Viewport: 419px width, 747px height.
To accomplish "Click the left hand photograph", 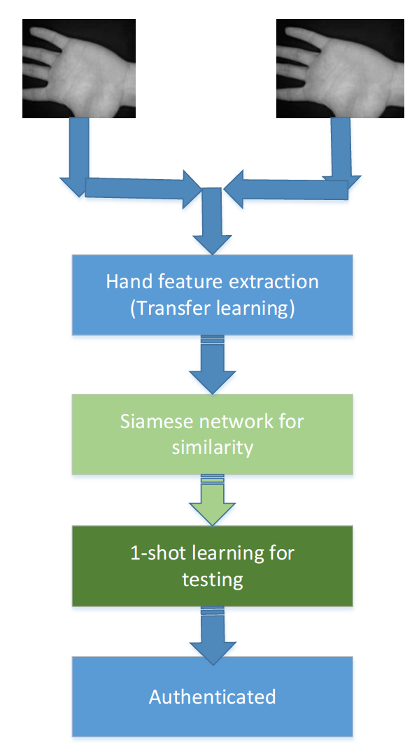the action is pos(79,69).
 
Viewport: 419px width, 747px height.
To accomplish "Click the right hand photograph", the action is pos(341,69).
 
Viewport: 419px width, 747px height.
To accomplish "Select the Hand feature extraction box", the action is pos(213,295).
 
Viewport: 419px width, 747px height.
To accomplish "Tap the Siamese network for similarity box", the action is pos(213,434).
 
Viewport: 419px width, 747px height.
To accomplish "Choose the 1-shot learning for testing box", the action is pos(213,566).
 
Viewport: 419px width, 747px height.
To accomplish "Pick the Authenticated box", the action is pos(213,697).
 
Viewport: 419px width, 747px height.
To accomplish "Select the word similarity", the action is pos(213,448).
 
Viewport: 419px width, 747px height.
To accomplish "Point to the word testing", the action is pos(213,580).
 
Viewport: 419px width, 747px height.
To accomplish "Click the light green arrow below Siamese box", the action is pos(213,500).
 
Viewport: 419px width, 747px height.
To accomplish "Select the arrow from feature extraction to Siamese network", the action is pos(213,365).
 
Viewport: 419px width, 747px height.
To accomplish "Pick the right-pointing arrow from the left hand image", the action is pos(143,188).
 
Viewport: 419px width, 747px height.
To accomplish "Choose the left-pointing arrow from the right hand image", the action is pos(286,189).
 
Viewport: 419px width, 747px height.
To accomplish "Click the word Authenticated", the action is pos(213,697).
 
